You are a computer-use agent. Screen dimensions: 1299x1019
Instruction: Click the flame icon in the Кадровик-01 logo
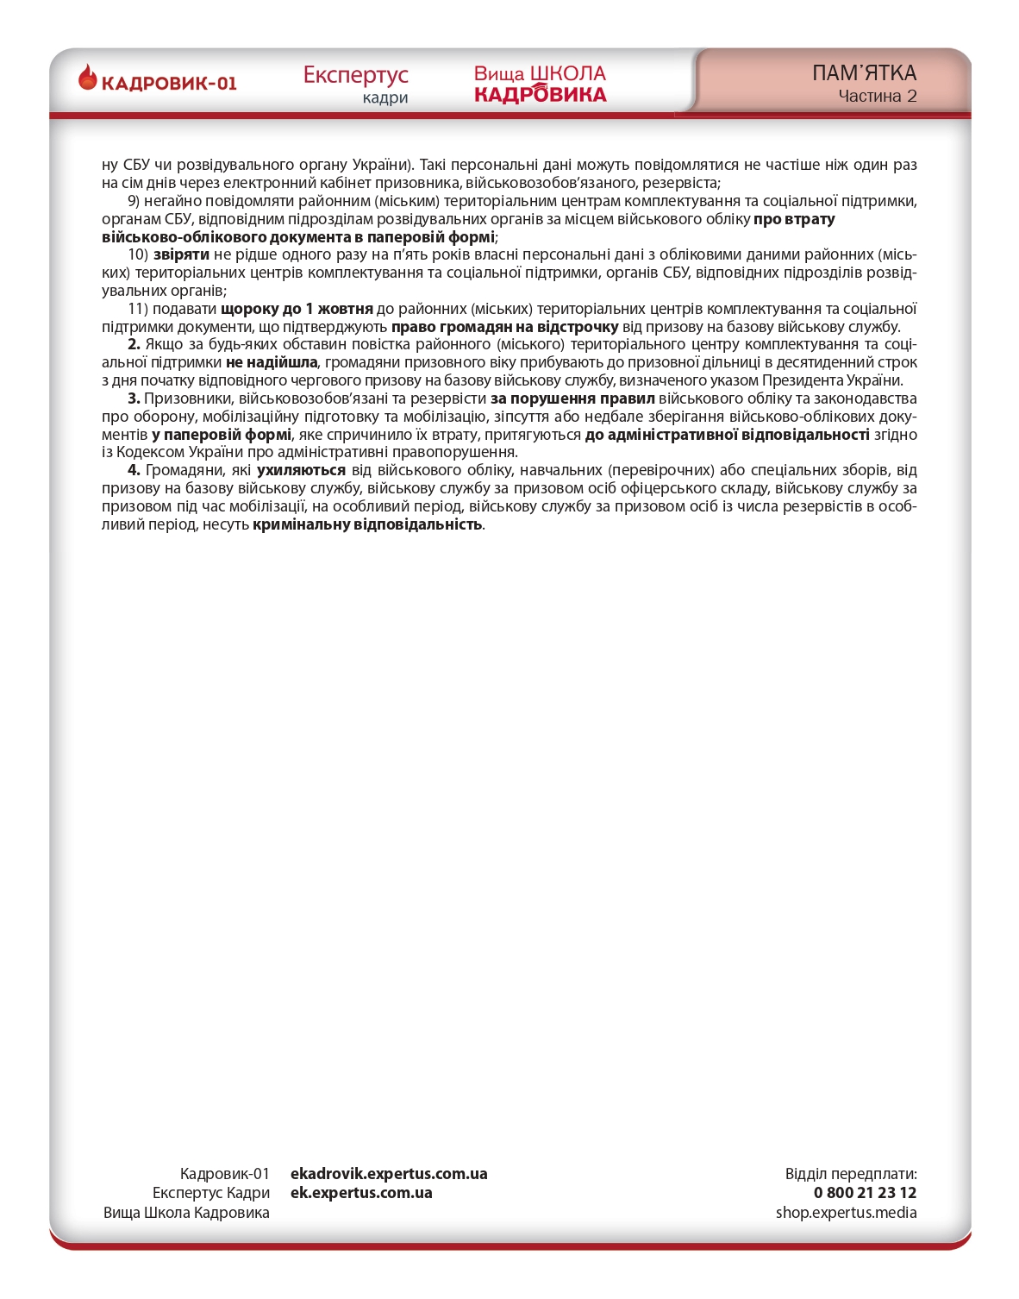coord(88,78)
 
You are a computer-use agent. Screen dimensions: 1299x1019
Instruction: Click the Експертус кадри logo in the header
coord(355,84)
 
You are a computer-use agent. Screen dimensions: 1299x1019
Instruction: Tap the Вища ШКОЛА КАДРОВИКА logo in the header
coord(540,84)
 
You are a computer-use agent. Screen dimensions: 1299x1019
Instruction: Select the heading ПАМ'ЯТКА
coord(864,73)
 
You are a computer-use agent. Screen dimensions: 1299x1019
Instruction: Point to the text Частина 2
coord(877,97)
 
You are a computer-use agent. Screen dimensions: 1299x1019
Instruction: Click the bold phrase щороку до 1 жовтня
coord(297,309)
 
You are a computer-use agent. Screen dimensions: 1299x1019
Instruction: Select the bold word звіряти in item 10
coord(181,254)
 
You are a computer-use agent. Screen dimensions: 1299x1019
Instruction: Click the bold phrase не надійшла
coord(272,362)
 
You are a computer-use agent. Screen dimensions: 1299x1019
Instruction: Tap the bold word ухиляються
coord(301,470)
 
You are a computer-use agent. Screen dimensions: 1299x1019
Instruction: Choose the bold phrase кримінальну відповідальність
coord(367,524)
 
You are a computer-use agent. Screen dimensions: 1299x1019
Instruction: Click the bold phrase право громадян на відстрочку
coord(504,327)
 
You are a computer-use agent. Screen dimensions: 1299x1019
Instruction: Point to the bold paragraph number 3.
coord(134,398)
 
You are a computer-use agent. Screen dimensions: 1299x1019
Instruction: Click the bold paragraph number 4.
coord(134,470)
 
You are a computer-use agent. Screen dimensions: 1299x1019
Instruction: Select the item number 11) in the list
coord(138,309)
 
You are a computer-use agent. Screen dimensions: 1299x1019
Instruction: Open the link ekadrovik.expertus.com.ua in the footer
coord(389,1174)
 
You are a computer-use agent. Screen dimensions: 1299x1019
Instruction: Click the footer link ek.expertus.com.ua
coord(361,1193)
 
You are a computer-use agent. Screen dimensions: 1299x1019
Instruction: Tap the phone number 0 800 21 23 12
coord(865,1193)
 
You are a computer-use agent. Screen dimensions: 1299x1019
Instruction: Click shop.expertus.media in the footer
coord(846,1213)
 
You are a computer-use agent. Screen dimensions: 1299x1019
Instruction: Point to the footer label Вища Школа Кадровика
coord(186,1213)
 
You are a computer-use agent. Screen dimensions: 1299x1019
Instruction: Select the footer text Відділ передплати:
coord(850,1174)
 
